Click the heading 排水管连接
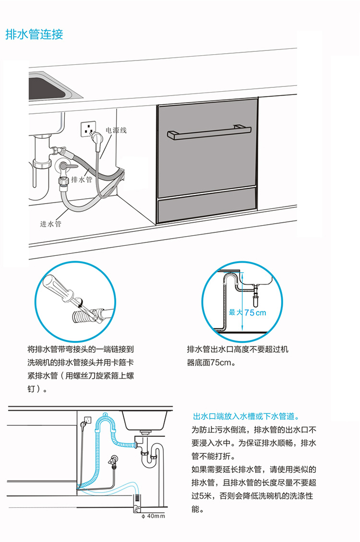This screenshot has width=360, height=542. click(x=34, y=35)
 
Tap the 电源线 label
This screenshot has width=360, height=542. click(x=116, y=130)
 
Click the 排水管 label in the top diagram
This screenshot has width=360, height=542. click(x=82, y=180)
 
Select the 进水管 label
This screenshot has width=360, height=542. click(x=50, y=224)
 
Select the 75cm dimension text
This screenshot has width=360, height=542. click(x=255, y=313)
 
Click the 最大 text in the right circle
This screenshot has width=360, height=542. click(x=236, y=313)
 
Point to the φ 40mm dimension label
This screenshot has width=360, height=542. click(x=153, y=517)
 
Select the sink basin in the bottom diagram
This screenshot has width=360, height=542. click(x=144, y=420)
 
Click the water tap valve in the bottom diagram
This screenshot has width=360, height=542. click(x=114, y=461)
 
